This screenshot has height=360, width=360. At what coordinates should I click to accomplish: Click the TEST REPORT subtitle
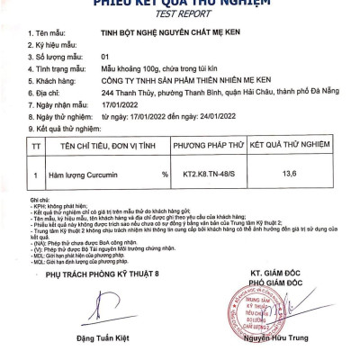pyautogui.click(x=180, y=15)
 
